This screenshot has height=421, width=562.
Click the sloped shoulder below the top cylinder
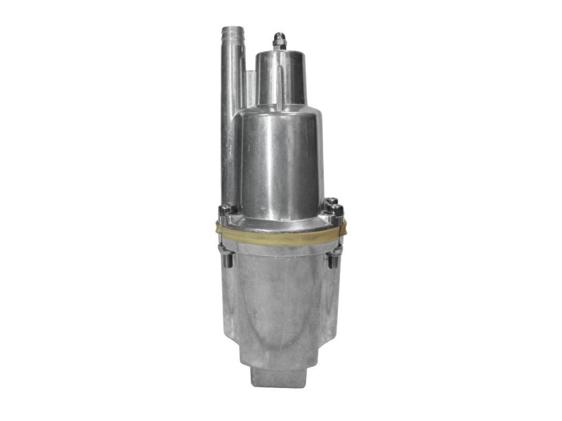[281, 112]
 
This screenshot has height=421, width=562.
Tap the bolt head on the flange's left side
[226, 210]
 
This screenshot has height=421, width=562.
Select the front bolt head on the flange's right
[337, 211]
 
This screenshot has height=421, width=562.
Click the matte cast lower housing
[281, 302]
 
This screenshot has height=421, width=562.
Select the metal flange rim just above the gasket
[281, 224]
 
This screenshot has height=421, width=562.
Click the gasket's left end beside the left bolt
[220, 228]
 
